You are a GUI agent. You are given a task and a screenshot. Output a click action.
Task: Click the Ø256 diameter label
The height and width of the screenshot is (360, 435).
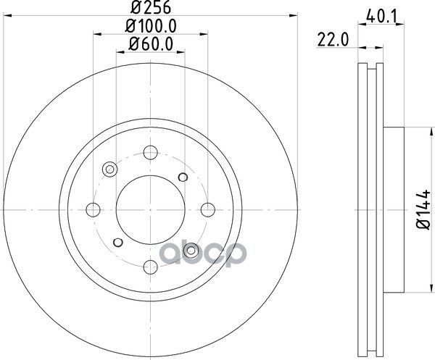click(151, 7)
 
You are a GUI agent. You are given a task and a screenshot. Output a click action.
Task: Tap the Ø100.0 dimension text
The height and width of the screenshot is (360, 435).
click(151, 27)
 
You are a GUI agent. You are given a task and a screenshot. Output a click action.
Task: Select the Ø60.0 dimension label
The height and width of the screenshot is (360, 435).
click(151, 44)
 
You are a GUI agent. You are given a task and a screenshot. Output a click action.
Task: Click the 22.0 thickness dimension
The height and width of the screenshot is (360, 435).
click(333, 40)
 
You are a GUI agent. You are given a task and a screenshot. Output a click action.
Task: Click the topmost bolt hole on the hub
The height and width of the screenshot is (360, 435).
click(151, 152)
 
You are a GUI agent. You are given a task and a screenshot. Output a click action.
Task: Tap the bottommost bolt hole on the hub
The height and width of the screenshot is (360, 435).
click(151, 267)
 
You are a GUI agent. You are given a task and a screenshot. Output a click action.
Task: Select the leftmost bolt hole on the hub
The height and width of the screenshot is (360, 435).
click(93, 210)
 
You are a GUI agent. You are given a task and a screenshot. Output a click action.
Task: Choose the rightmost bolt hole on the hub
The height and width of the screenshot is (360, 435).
click(208, 210)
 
